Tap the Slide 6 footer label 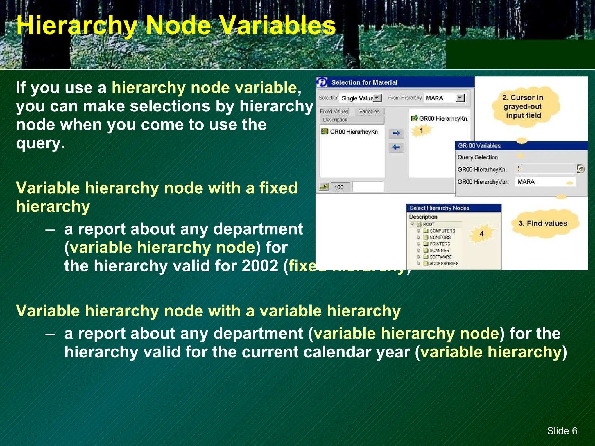(x=562, y=431)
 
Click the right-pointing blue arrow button (x=396, y=133)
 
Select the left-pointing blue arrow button (x=396, y=148)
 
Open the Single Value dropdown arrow (x=377, y=98)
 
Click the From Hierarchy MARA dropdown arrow (x=460, y=98)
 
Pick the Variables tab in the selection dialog (x=369, y=111)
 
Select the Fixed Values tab (x=334, y=111)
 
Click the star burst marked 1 (x=421, y=131)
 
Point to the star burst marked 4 (x=481, y=234)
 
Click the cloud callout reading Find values (x=543, y=223)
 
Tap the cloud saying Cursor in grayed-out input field (x=523, y=107)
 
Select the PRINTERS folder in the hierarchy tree (x=440, y=244)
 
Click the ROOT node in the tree (x=429, y=224)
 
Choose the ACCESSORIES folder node (x=444, y=263)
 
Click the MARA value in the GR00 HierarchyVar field (x=526, y=182)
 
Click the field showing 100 (x=339, y=187)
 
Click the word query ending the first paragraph (x=40, y=143)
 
